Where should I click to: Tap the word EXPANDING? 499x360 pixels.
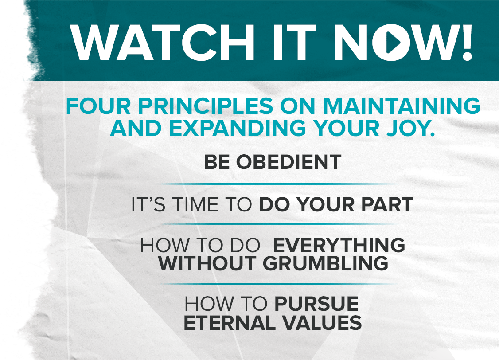pyautogui.click(x=238, y=128)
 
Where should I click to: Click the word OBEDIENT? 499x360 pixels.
pyautogui.click(x=288, y=162)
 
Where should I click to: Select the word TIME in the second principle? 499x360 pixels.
pyautogui.click(x=195, y=204)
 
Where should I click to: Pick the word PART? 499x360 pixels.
pyautogui.click(x=387, y=204)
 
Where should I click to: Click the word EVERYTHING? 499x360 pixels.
pyautogui.click(x=339, y=245)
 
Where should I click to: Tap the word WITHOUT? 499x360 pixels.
pyautogui.click(x=207, y=263)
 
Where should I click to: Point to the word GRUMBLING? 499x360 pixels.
pyautogui.click(x=326, y=263)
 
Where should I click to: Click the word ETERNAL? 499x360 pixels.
pyautogui.click(x=230, y=323)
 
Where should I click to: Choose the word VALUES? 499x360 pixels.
pyautogui.click(x=322, y=323)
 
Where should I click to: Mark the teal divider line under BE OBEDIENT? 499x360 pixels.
pyautogui.click(x=278, y=184)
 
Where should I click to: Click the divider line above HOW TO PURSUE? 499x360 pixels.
pyautogui.click(x=278, y=284)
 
